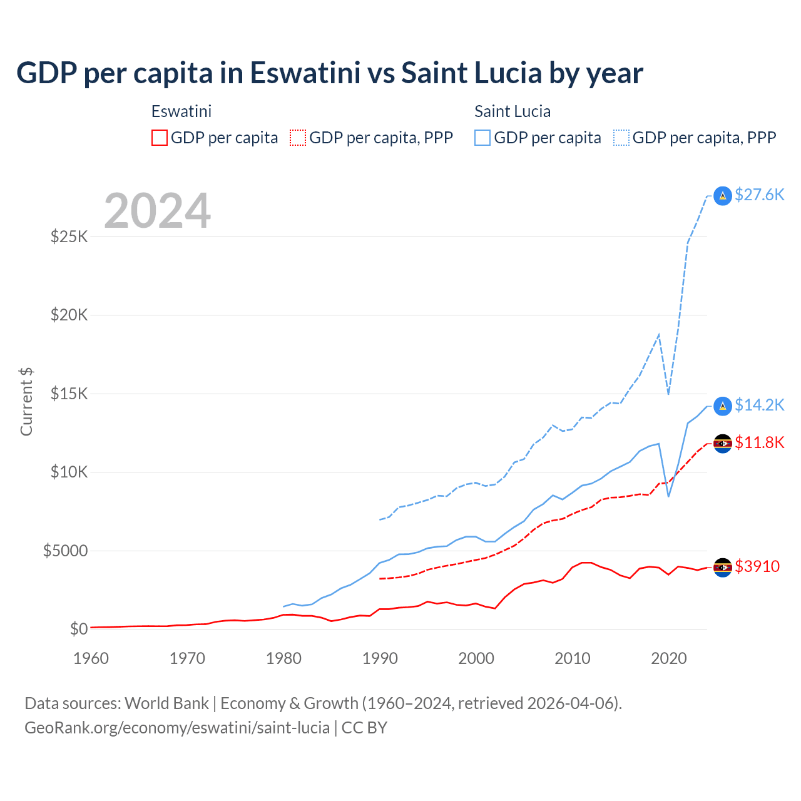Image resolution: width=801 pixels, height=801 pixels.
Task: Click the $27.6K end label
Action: tap(759, 195)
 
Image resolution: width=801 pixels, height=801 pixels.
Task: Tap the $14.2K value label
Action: tap(759, 405)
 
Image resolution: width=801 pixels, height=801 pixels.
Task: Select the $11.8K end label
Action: tap(759, 442)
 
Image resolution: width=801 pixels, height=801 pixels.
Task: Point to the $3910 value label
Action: tap(757, 566)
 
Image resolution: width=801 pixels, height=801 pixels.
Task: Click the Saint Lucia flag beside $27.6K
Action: tap(723, 196)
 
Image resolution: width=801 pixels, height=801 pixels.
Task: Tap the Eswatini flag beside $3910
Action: tap(723, 567)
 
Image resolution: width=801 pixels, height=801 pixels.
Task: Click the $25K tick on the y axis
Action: tap(69, 237)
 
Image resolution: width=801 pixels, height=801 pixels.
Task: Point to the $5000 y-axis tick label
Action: tap(65, 551)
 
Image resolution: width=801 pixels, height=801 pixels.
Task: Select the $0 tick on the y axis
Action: tap(78, 629)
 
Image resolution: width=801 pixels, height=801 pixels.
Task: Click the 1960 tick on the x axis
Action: tap(91, 658)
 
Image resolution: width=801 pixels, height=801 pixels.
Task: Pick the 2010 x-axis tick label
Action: tap(573, 658)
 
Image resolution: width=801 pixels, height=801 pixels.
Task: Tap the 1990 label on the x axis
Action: tap(380, 658)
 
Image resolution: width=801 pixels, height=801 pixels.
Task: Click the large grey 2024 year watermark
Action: tap(157, 211)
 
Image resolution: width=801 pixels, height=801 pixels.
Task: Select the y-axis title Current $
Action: tap(26, 402)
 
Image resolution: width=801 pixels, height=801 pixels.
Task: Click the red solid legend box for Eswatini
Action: tap(160, 138)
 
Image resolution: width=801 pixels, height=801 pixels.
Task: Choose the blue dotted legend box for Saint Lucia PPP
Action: tap(621, 138)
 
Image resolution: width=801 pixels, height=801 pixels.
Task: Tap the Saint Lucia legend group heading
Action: tap(513, 111)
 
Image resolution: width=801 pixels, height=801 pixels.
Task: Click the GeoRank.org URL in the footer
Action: tap(177, 728)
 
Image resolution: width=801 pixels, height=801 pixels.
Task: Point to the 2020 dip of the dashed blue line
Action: tap(668, 394)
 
